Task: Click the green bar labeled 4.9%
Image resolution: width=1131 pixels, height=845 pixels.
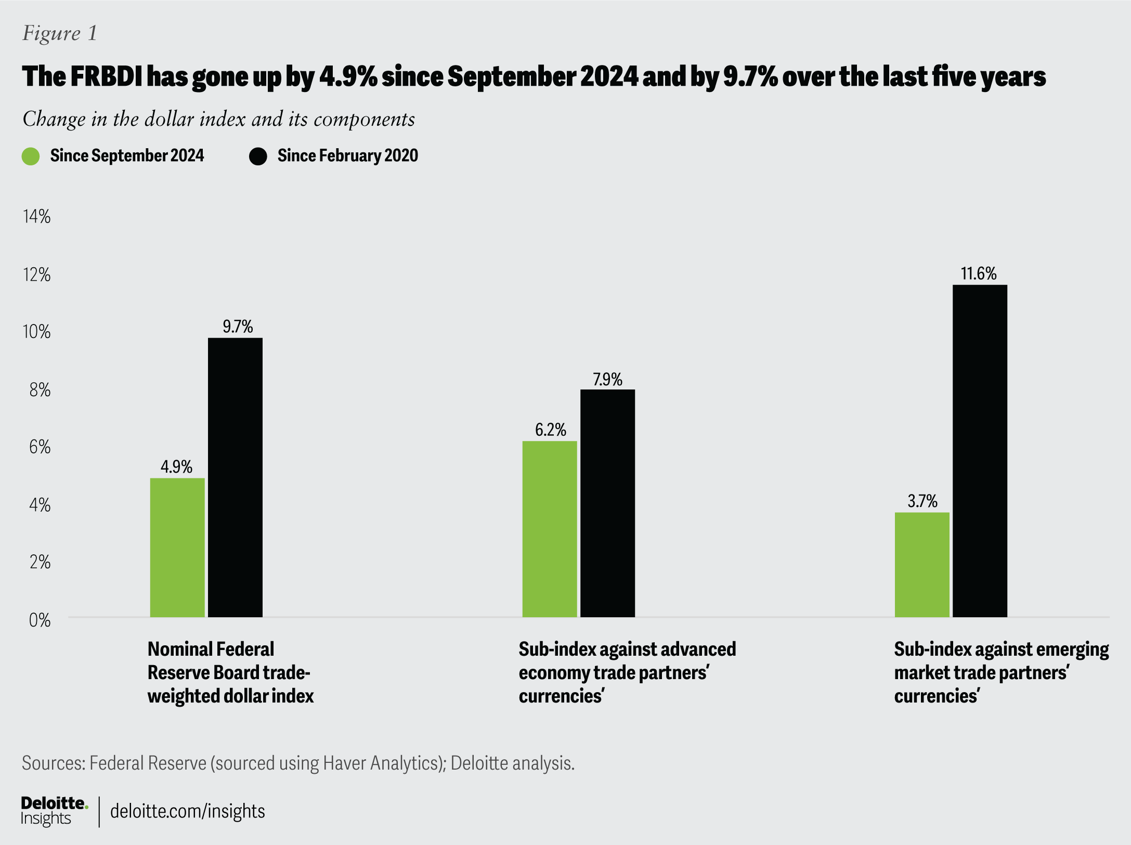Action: click(x=177, y=547)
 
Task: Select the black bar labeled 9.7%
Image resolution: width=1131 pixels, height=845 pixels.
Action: click(x=235, y=477)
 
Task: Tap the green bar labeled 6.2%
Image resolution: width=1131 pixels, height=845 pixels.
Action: click(x=550, y=529)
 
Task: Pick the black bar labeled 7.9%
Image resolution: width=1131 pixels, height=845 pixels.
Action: click(x=607, y=503)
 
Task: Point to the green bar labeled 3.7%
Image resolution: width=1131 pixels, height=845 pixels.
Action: click(x=922, y=565)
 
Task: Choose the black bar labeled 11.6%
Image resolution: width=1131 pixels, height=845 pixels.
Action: click(x=980, y=450)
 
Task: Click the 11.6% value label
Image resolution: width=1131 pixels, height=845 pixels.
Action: click(x=979, y=274)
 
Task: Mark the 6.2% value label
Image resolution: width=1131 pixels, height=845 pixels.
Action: click(x=550, y=430)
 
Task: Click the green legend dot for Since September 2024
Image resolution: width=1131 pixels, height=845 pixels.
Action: click(x=31, y=156)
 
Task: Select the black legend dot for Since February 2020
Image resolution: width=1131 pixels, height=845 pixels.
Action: click(x=258, y=156)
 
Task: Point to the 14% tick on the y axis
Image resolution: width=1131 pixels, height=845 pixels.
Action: click(x=37, y=216)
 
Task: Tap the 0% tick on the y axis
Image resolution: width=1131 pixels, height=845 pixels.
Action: click(x=40, y=620)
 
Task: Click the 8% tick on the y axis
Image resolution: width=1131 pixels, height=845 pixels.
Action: click(x=40, y=389)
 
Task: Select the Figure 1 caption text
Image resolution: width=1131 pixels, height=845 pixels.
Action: click(x=60, y=33)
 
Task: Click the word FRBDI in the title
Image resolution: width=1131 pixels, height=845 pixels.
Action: click(x=106, y=76)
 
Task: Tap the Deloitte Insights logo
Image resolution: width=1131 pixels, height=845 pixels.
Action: click(x=54, y=811)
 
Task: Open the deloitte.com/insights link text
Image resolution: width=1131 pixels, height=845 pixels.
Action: click(x=187, y=811)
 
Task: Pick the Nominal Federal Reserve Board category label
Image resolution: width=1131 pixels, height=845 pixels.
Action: click(x=230, y=672)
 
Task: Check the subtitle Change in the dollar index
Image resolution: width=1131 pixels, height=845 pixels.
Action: click(x=218, y=119)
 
